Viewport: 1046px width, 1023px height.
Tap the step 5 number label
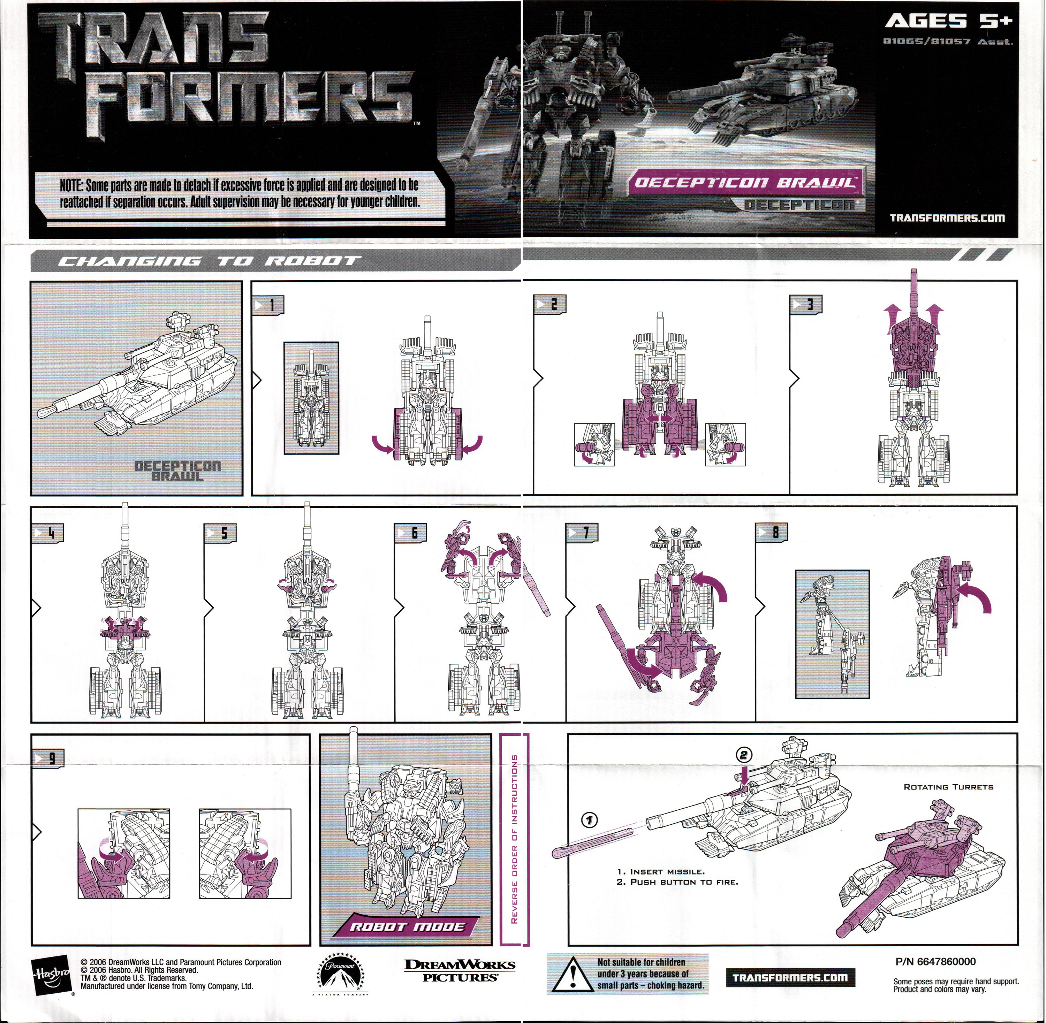[x=220, y=533]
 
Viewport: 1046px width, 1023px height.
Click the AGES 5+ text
[x=948, y=22]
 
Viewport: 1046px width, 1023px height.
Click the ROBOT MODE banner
[x=407, y=926]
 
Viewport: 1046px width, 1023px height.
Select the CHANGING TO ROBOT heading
[x=210, y=262]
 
